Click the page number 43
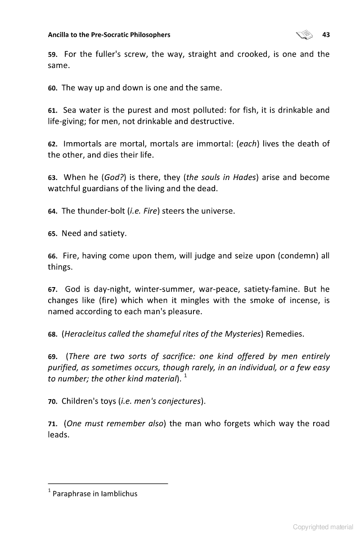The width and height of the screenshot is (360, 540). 326,35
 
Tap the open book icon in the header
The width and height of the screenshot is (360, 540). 304,35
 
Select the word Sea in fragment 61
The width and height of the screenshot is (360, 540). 71,110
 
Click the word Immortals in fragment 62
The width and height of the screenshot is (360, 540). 83,144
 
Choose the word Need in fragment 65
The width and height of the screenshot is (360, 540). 72,234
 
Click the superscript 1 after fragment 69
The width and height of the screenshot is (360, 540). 186,375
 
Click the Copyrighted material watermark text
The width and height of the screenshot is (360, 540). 323,527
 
